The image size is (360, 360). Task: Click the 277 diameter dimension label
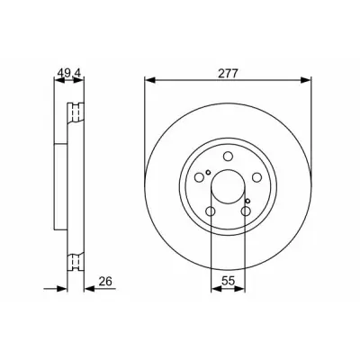tap(228, 74)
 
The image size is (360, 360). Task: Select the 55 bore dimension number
tap(228, 281)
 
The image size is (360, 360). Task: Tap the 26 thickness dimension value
tap(105, 281)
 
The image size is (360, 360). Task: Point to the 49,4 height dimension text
tap(69, 74)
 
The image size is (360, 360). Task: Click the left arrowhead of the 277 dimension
tap(149, 80)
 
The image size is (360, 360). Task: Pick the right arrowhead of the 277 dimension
tap(306, 80)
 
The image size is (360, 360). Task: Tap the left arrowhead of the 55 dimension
tap(216, 289)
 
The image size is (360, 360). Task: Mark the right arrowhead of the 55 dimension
tap(240, 289)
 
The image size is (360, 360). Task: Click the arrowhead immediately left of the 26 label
tap(89, 289)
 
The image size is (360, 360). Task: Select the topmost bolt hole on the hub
tap(228, 157)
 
